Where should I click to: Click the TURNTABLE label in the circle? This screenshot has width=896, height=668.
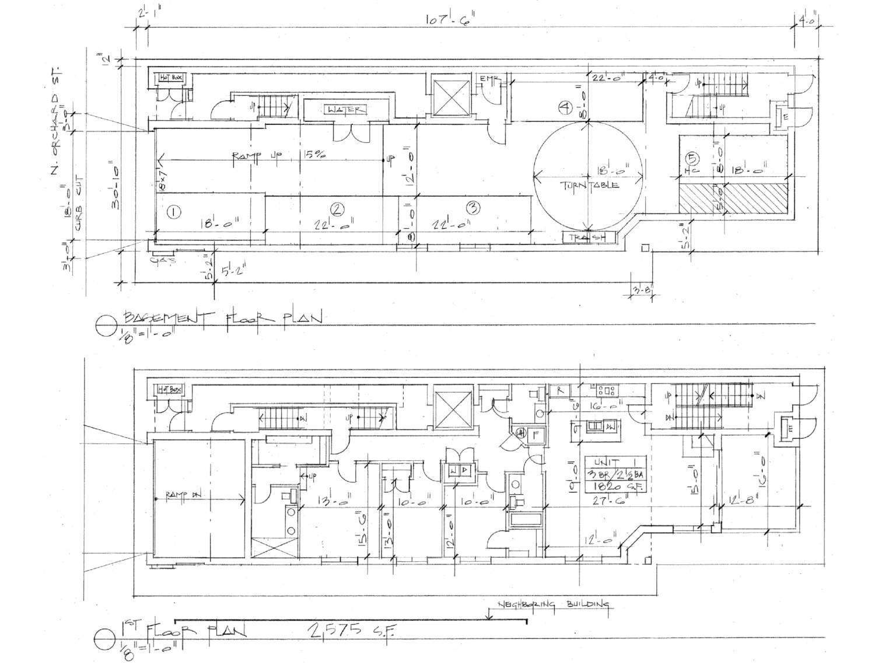[590, 185]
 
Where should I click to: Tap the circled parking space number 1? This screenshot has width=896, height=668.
[173, 212]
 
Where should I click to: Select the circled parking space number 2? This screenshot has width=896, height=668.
[336, 209]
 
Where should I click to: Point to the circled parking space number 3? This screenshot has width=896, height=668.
[474, 207]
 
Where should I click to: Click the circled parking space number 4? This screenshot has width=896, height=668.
[563, 107]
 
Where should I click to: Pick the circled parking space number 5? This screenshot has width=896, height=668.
[692, 158]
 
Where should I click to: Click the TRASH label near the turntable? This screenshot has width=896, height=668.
[590, 237]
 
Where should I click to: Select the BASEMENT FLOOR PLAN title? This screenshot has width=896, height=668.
[222, 318]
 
